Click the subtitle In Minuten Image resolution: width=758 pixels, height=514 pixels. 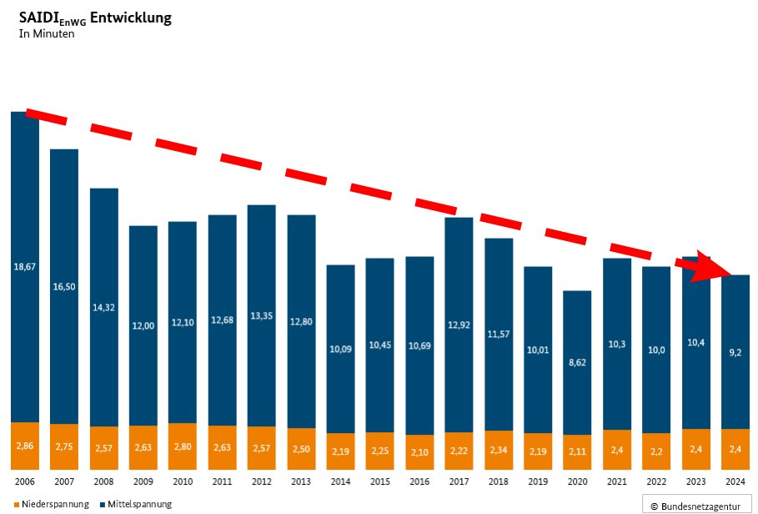pos(47,34)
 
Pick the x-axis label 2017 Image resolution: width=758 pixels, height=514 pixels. pos(459,482)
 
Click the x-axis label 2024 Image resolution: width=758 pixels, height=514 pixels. pos(735,482)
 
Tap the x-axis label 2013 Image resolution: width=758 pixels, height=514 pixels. pos(301,482)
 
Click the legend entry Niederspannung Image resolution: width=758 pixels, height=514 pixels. pos(51,504)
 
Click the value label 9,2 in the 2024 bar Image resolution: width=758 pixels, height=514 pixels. pos(735,353)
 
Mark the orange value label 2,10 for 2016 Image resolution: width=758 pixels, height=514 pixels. pos(419,451)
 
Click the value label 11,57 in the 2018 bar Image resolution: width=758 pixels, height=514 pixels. pos(499,334)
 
